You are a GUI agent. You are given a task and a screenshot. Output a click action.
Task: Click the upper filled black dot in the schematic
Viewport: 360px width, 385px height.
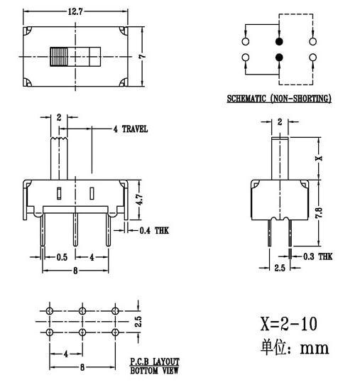click(279, 42)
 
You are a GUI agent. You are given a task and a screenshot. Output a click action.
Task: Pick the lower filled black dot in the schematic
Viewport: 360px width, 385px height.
click(279, 57)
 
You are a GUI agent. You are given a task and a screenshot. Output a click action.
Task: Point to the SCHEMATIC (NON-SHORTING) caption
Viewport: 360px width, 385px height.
click(278, 99)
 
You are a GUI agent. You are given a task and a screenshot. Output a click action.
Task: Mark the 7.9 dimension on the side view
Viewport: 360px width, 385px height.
click(320, 211)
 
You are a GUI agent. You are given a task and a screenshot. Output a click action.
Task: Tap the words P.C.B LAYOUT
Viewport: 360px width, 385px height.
click(155, 361)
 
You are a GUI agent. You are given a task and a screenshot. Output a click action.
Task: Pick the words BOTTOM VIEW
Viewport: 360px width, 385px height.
click(155, 370)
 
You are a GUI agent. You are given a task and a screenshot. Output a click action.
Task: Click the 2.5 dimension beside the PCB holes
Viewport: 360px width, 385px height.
click(140, 321)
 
